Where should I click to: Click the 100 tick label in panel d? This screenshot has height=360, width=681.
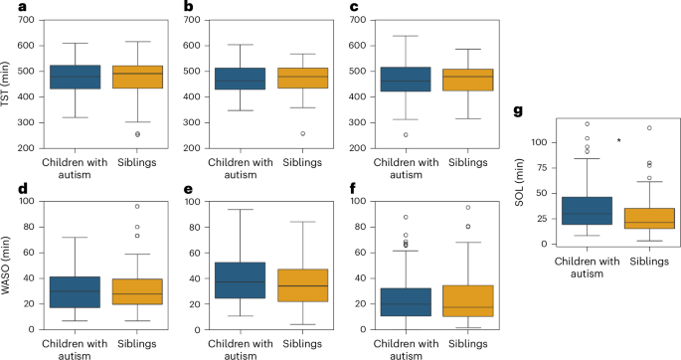28,202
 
